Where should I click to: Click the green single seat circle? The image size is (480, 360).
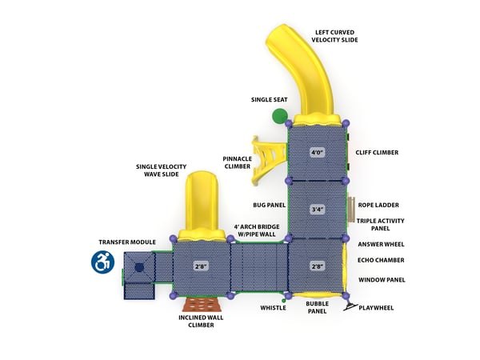pos(279,116)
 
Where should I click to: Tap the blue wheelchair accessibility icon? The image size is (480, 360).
pos(102,262)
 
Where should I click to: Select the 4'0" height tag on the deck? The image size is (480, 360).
pos(317,152)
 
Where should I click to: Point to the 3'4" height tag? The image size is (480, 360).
pos(317,210)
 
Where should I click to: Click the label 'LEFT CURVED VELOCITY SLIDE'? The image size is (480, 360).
pos(335,36)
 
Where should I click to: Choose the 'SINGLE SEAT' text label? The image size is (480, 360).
pos(269,100)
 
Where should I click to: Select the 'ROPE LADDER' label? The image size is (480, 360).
pos(378,205)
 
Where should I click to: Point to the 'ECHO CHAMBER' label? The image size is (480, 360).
pos(381,260)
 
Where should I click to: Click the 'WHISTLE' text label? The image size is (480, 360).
pos(272,308)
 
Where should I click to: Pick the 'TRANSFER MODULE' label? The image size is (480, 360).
pos(127,242)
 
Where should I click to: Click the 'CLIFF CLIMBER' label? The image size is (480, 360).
pos(377,152)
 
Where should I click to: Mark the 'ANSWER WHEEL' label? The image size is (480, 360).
pos(382,244)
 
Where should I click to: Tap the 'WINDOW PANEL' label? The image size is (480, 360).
pos(382,279)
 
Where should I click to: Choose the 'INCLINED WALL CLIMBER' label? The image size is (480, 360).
pos(200,322)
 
